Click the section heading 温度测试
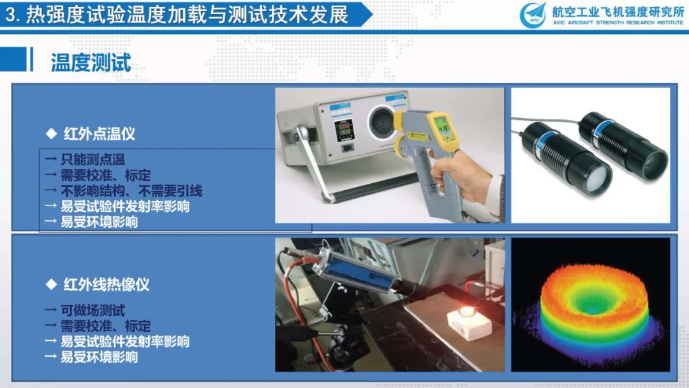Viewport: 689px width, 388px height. (91, 63)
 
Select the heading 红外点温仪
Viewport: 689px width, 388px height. (100, 133)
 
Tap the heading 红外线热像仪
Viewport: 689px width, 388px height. (107, 284)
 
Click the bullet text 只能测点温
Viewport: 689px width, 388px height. (93, 159)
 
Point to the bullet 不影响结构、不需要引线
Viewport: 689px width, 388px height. (131, 191)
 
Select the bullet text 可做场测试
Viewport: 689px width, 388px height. (93, 310)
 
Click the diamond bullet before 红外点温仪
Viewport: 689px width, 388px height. (52, 133)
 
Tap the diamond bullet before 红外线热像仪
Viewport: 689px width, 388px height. (52, 284)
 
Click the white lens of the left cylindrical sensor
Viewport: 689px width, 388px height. (598, 180)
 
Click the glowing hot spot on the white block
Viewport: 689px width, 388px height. (467, 311)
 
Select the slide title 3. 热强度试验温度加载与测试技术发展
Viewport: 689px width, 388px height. (177, 15)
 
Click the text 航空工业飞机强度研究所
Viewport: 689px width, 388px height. (618, 11)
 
